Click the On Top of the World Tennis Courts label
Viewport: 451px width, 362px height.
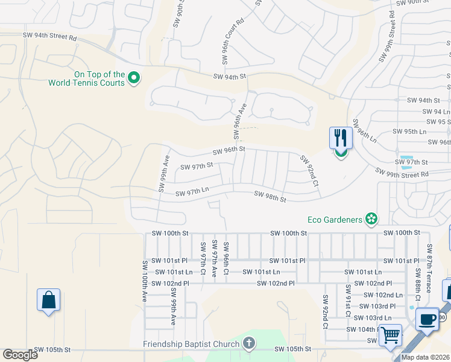pos(87,78)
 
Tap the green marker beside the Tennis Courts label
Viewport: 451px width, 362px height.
pos(135,78)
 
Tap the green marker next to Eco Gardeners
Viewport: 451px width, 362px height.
pos(372,219)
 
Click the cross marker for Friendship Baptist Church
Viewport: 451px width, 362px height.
pos(248,345)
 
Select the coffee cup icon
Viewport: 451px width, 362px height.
pos(427,320)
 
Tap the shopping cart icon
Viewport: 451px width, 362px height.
pos(391,334)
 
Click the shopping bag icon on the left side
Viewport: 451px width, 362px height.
pos(48,300)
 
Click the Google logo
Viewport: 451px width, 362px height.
pos(20,355)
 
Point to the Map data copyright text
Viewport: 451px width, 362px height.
pos(425,357)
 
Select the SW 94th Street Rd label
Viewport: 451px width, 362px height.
pos(51,37)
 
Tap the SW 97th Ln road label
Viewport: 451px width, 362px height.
pos(192,193)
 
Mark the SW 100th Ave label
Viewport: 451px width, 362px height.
pos(145,281)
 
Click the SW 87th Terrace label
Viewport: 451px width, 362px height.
pos(429,268)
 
